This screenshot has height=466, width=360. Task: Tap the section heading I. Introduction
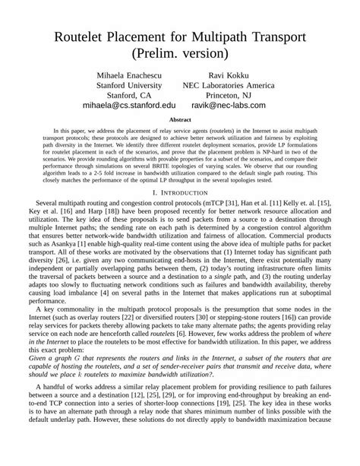(x=179, y=193)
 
